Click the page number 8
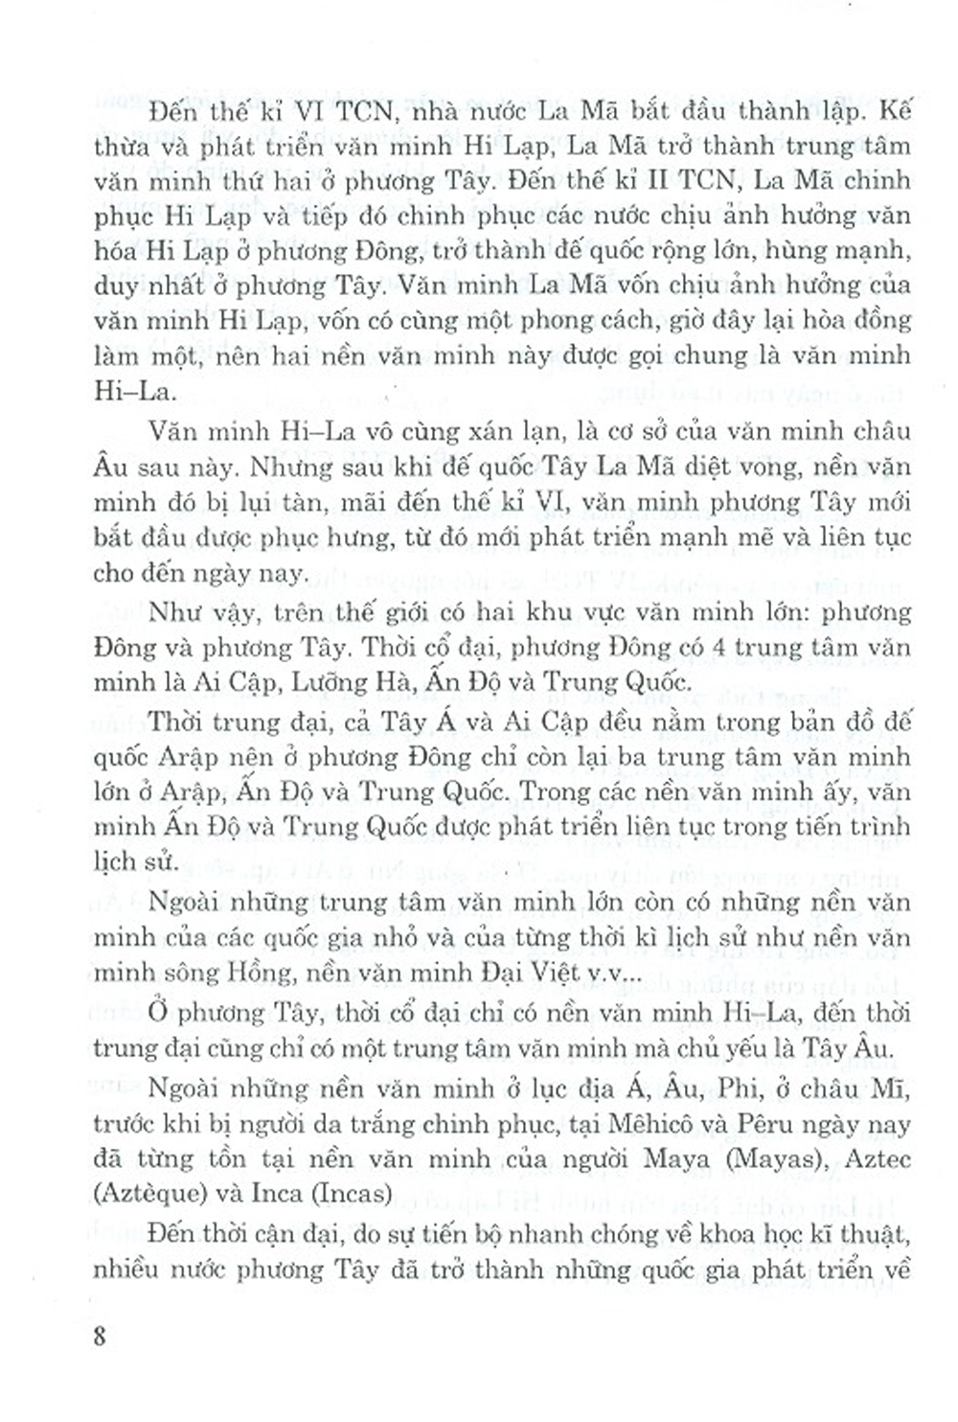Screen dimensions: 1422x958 click(x=100, y=1336)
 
